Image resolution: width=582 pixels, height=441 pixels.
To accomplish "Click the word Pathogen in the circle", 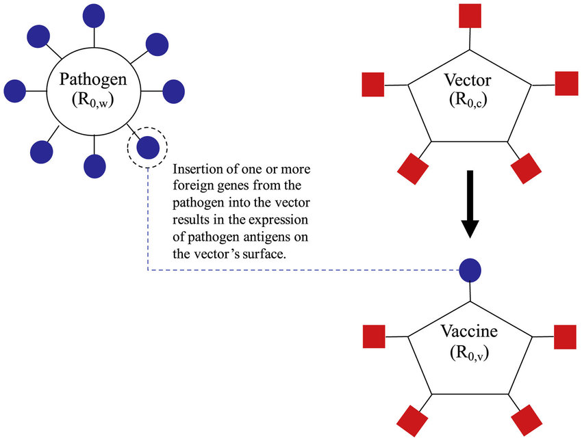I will pyautogui.click(x=93, y=80).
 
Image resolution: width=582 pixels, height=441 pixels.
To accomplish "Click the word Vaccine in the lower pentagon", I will pyautogui.click(x=469, y=334).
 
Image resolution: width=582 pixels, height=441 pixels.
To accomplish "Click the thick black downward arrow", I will pyautogui.click(x=470, y=204).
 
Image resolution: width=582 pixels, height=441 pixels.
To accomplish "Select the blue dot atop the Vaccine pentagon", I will pyautogui.click(x=470, y=269).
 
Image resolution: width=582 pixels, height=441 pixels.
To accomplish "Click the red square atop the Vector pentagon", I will pyautogui.click(x=470, y=15).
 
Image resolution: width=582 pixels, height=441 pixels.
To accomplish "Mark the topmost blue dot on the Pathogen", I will pyautogui.click(x=93, y=14).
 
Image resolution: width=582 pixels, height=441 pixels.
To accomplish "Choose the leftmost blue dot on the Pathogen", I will pyautogui.click(x=15, y=90).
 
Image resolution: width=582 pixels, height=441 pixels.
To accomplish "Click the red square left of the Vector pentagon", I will pyautogui.click(x=373, y=84).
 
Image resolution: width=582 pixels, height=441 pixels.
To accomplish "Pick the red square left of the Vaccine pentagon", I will pyautogui.click(x=373, y=336).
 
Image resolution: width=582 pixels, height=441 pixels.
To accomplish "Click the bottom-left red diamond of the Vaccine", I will pyautogui.click(x=413, y=419).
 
